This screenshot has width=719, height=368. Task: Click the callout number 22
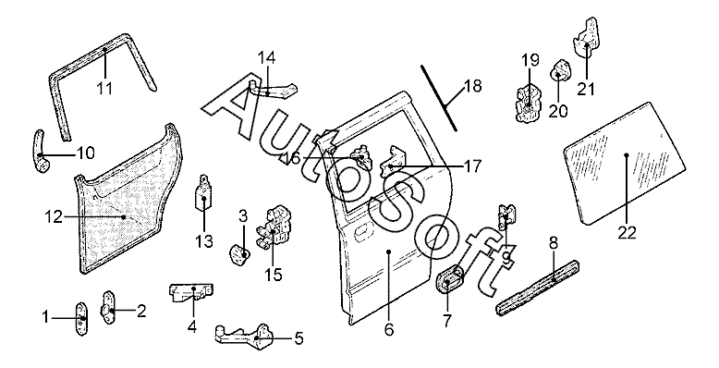pyautogui.click(x=627, y=233)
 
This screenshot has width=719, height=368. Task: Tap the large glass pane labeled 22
pyautogui.click(x=625, y=163)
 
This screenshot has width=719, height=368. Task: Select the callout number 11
pyautogui.click(x=104, y=88)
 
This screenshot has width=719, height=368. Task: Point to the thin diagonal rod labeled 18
pyautogui.click(x=439, y=98)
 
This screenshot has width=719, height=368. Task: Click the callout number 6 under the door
pyautogui.click(x=389, y=329)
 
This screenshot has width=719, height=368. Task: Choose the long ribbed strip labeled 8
pyautogui.click(x=538, y=287)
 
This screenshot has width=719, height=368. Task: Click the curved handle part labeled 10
pyautogui.click(x=41, y=152)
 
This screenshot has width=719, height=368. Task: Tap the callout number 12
pyautogui.click(x=54, y=216)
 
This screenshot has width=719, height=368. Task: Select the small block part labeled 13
pyautogui.click(x=202, y=196)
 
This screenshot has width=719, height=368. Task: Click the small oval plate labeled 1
pyautogui.click(x=81, y=318)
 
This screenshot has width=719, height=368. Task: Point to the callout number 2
pyautogui.click(x=141, y=311)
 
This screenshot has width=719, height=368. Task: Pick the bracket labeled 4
pyautogui.click(x=191, y=293)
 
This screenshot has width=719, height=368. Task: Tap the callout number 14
pyautogui.click(x=266, y=58)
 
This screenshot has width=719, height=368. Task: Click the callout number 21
pyautogui.click(x=586, y=89)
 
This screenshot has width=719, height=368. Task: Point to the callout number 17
pyautogui.click(x=472, y=166)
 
